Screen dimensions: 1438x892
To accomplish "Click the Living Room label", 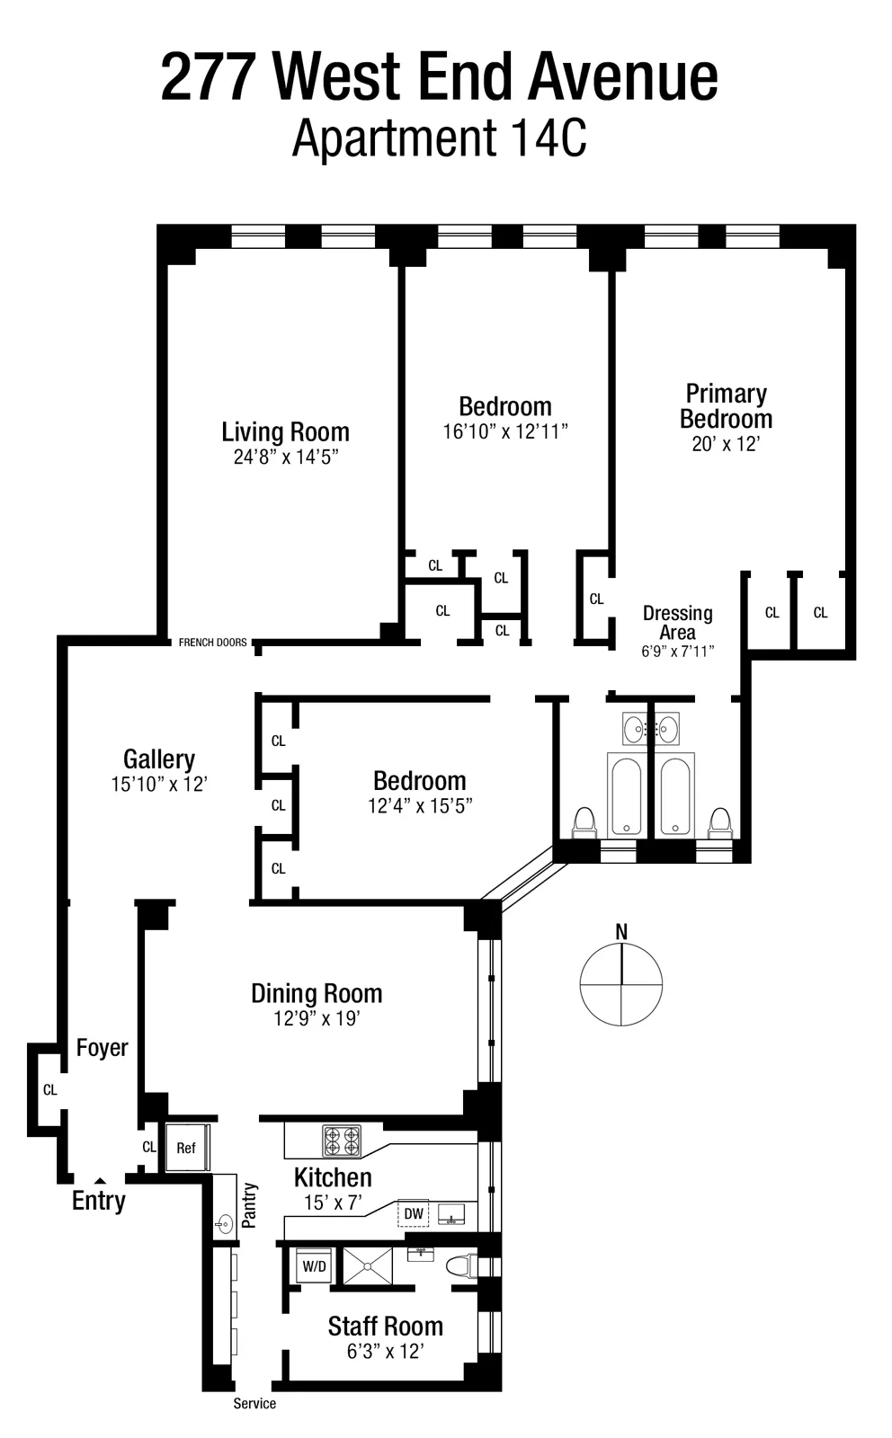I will [x=285, y=432].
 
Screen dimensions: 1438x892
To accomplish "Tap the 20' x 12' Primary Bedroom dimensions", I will [x=726, y=444].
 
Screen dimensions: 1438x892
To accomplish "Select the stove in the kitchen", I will [x=342, y=1141].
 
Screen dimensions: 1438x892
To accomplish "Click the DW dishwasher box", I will [x=414, y=1213].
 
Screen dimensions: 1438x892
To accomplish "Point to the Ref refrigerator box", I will [x=186, y=1148].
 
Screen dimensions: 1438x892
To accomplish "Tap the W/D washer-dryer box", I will [x=315, y=1266].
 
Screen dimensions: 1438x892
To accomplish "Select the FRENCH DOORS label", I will [x=212, y=643].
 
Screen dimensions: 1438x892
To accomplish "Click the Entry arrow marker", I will [x=100, y=1181].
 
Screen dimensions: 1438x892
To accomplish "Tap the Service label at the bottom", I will [x=254, y=1404].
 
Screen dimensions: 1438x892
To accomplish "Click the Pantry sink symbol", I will [x=224, y=1223].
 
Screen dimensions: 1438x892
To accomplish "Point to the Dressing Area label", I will [x=677, y=622].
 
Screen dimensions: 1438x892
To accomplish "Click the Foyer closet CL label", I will [x=50, y=1090].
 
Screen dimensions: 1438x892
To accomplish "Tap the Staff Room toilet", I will [x=460, y=1266].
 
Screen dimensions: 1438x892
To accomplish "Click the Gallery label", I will [x=159, y=759].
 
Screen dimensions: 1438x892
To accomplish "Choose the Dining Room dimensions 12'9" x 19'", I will [x=317, y=1018].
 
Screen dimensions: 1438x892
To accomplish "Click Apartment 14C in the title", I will [x=439, y=139].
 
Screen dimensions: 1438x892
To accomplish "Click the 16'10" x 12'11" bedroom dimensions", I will [x=505, y=431].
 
